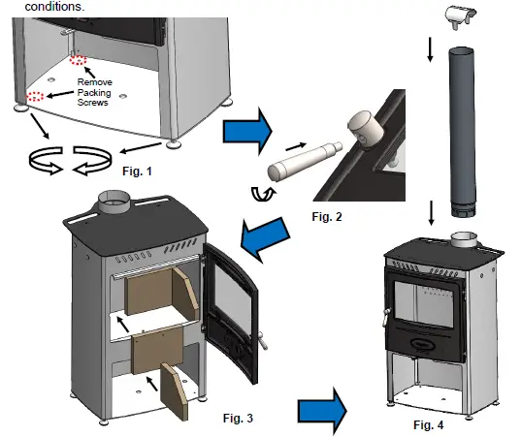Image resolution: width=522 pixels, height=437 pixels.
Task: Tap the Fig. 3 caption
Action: tap(237, 418)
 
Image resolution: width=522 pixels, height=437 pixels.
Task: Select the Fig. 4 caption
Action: tap(432, 423)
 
